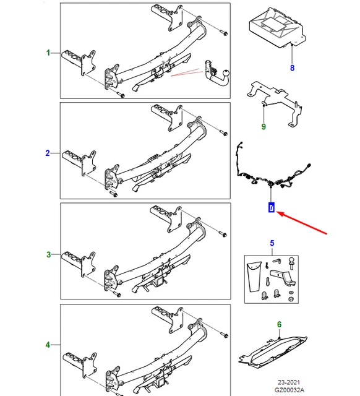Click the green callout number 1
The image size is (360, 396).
coord(48,53)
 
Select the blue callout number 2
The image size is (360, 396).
coord(48,153)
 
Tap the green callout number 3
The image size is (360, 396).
coord(48,254)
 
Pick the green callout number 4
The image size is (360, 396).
coord(48,345)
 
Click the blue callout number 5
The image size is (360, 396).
coord(272,243)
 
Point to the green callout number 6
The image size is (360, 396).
coord(279,324)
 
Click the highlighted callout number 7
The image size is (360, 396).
coord(272,207)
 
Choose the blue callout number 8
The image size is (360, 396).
coord(292,67)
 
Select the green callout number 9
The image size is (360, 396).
coord(264,126)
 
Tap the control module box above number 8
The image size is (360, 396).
coord(277,28)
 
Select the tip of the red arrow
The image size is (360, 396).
coord(277,212)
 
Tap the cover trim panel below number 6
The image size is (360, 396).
coord(273,351)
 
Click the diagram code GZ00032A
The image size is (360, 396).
coord(289,390)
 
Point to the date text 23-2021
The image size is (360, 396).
coord(289,382)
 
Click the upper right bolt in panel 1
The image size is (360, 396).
coord(224,33)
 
